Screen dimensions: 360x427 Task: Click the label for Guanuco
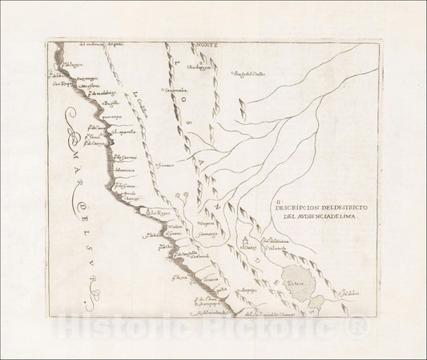(x=167, y=167)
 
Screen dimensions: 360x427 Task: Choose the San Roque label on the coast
(x=62, y=83)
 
